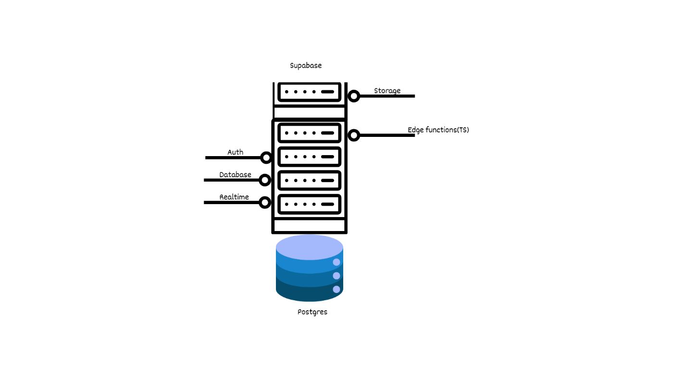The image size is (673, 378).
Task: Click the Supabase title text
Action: point(306,65)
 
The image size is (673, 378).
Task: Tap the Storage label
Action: point(387,91)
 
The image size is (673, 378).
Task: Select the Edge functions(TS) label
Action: point(438,130)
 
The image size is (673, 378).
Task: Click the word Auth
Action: point(235,152)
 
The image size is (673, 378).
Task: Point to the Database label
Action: point(235,175)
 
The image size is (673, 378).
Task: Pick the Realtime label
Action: point(234,197)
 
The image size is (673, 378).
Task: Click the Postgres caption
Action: point(312,312)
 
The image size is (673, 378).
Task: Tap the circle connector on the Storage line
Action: point(354,96)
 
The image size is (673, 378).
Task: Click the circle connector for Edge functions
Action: point(354,135)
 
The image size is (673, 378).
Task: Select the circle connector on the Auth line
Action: point(266,158)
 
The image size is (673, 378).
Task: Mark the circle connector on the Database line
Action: point(265,180)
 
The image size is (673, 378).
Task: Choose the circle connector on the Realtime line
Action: point(265,202)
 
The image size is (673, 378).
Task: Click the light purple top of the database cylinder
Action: point(310,246)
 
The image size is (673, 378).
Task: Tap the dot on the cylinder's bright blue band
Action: point(336,262)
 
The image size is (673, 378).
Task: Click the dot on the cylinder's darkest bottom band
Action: point(336,289)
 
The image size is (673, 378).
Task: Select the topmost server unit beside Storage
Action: point(310,92)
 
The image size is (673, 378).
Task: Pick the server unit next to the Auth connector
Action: point(310,157)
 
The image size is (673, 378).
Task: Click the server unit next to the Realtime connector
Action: point(310,204)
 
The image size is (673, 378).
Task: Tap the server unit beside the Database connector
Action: point(310,181)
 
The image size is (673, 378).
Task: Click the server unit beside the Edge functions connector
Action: point(310,133)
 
